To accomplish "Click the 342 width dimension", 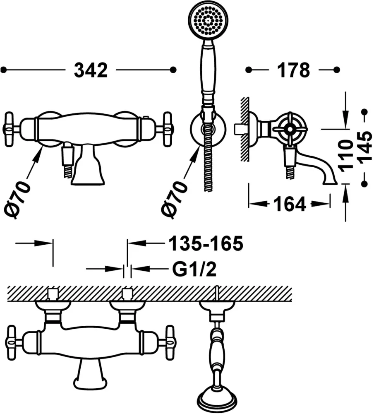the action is (91, 70).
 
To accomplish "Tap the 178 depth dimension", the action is (293, 70).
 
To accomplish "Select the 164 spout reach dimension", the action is (290, 204).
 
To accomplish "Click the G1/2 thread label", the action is (194, 269).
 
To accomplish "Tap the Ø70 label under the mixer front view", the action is (17, 200).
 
